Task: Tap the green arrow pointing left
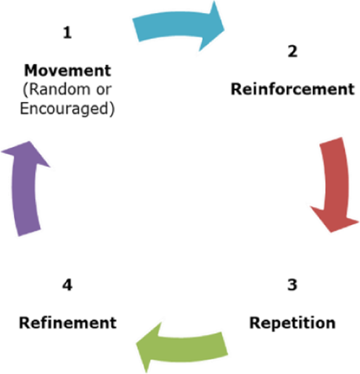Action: point(184,347)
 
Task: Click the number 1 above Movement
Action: point(67,33)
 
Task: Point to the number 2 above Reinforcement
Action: point(292,52)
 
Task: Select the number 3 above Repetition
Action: point(292,285)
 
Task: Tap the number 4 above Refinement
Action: point(67,285)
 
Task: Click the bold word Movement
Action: point(68,70)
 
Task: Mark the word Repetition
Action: point(292,322)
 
